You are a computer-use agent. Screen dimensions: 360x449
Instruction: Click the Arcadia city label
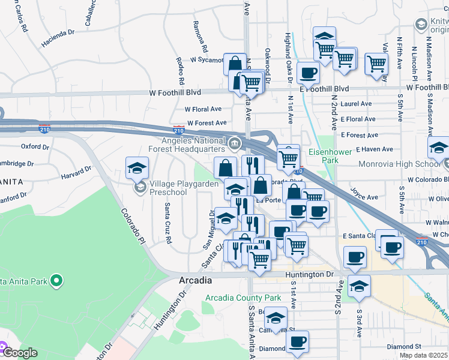click(x=195, y=280)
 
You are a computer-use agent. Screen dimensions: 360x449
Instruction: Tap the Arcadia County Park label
click(x=243, y=298)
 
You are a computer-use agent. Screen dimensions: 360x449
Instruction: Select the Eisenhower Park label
click(x=330, y=156)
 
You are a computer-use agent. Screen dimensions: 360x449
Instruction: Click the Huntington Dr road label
click(x=309, y=274)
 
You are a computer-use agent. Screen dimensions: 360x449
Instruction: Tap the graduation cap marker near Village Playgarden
click(x=137, y=168)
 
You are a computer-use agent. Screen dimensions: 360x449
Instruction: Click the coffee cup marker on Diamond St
click(x=297, y=342)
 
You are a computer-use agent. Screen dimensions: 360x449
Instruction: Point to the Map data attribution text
click(x=423, y=355)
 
